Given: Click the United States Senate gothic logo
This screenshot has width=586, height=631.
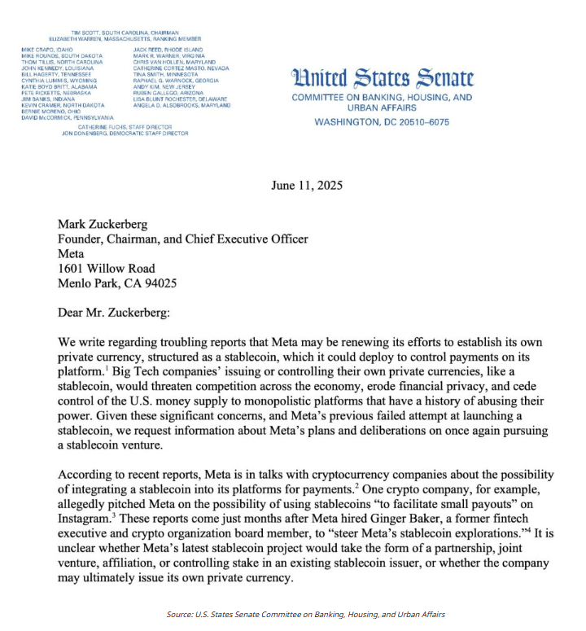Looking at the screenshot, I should tap(382, 78).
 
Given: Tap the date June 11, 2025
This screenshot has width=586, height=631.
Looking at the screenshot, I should tap(307, 185).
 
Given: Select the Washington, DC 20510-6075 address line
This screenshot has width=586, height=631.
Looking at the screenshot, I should tap(382, 122).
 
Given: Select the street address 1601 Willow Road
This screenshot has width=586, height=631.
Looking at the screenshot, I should tap(106, 268).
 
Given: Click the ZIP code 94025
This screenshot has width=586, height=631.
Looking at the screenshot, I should tap(157, 283).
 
